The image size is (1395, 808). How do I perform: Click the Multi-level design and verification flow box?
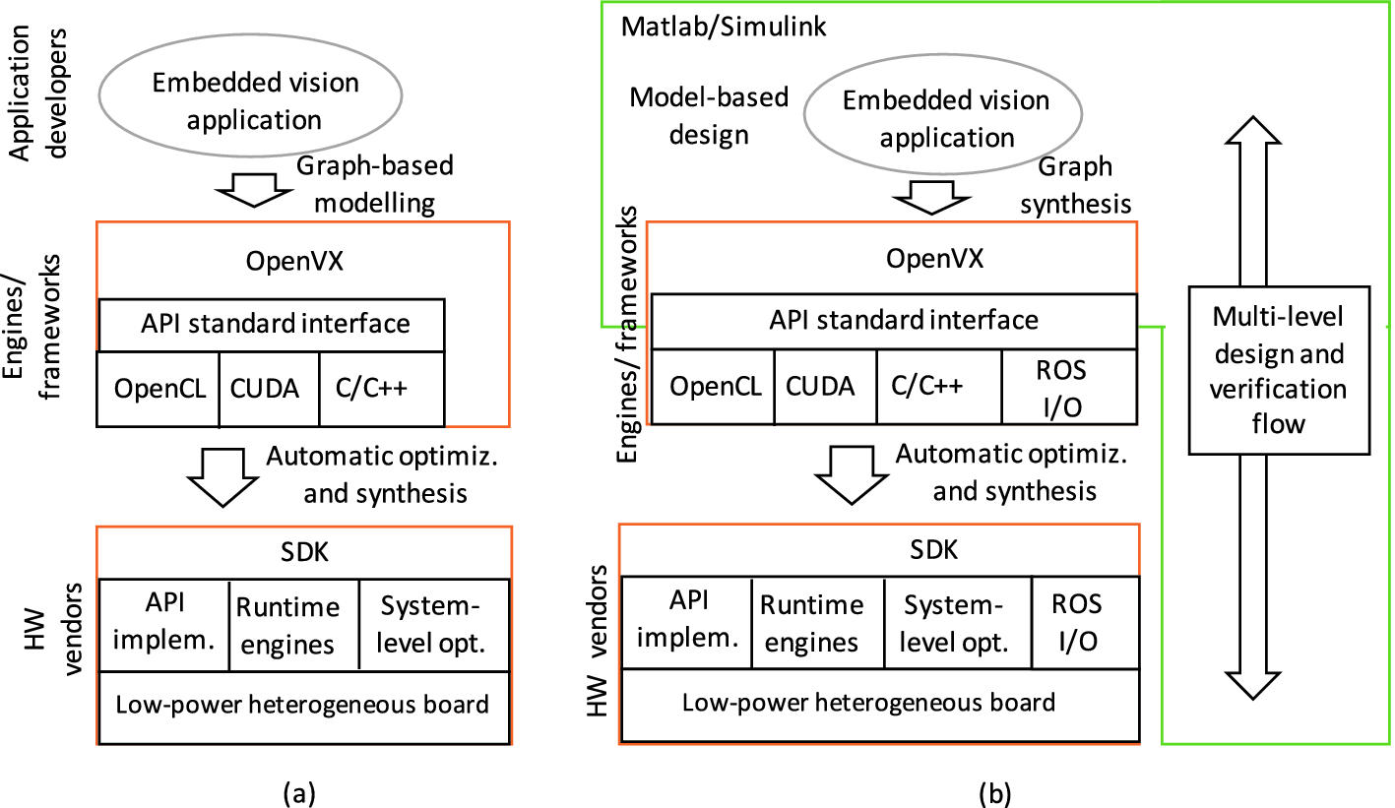click(x=1278, y=369)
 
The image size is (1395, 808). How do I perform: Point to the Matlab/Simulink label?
click(x=724, y=27)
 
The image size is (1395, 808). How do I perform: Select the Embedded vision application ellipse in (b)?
click(x=947, y=118)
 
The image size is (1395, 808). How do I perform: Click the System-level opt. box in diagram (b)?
click(x=957, y=623)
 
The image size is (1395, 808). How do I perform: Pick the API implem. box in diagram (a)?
click(x=163, y=625)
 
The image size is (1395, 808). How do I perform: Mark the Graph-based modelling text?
click(x=378, y=185)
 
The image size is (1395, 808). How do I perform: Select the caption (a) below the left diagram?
click(x=298, y=790)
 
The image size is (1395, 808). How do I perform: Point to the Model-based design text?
click(x=709, y=115)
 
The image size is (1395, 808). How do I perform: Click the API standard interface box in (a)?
click(x=272, y=324)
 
